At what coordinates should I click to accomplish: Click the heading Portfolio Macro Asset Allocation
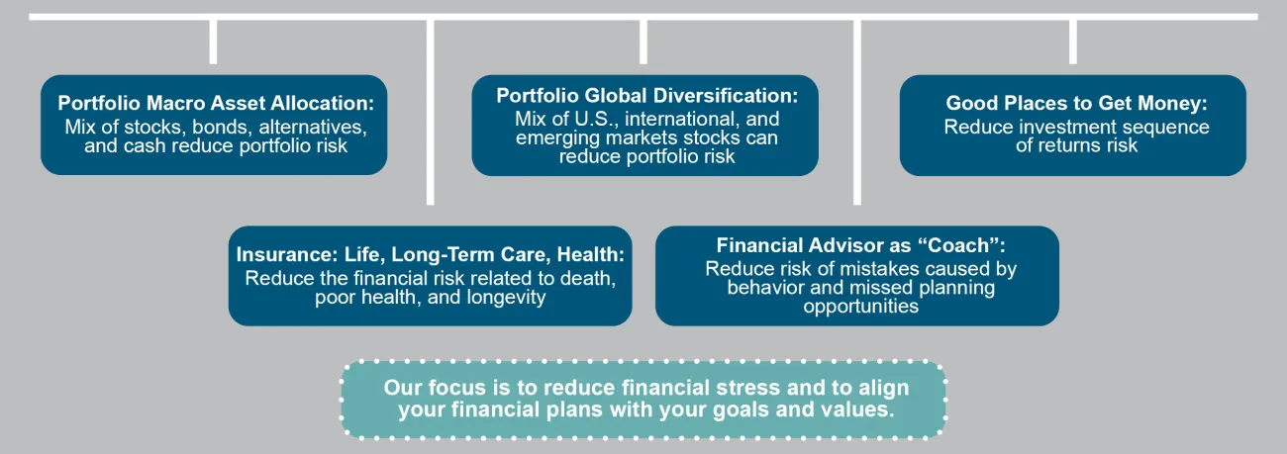pyautogui.click(x=216, y=103)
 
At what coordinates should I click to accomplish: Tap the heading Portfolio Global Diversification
pyautogui.click(x=646, y=96)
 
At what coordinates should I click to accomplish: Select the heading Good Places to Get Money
pyautogui.click(x=1077, y=103)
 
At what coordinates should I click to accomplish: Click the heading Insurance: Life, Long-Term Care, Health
pyautogui.click(x=431, y=255)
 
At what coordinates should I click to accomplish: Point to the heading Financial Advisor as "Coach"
pyautogui.click(x=860, y=245)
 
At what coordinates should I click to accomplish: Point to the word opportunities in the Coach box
pyautogui.click(x=860, y=307)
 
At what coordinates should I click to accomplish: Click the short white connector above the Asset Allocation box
pyautogui.click(x=213, y=42)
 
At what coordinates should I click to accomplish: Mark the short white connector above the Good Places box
pyautogui.click(x=1073, y=42)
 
